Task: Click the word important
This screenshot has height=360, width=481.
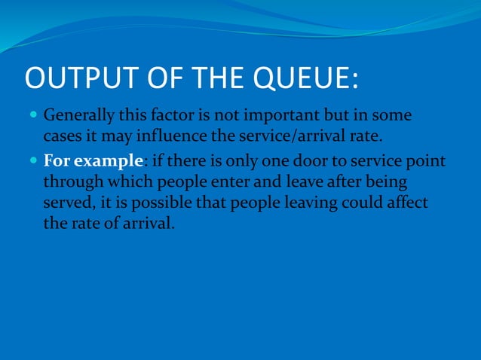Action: coord(270,117)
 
